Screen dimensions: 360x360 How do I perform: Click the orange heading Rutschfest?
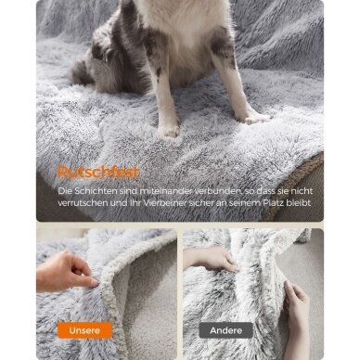(x=98, y=173)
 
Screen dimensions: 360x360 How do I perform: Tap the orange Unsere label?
(x=84, y=330)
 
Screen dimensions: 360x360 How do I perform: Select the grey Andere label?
(x=225, y=330)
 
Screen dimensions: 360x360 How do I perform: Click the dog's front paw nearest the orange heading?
(x=169, y=130)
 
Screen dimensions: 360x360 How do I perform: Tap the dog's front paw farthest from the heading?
(x=251, y=117)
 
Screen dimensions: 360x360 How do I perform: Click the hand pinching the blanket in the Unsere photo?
(x=66, y=272)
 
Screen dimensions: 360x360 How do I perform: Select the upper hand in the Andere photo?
(x=211, y=259)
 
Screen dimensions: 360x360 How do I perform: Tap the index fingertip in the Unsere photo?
(x=95, y=282)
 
